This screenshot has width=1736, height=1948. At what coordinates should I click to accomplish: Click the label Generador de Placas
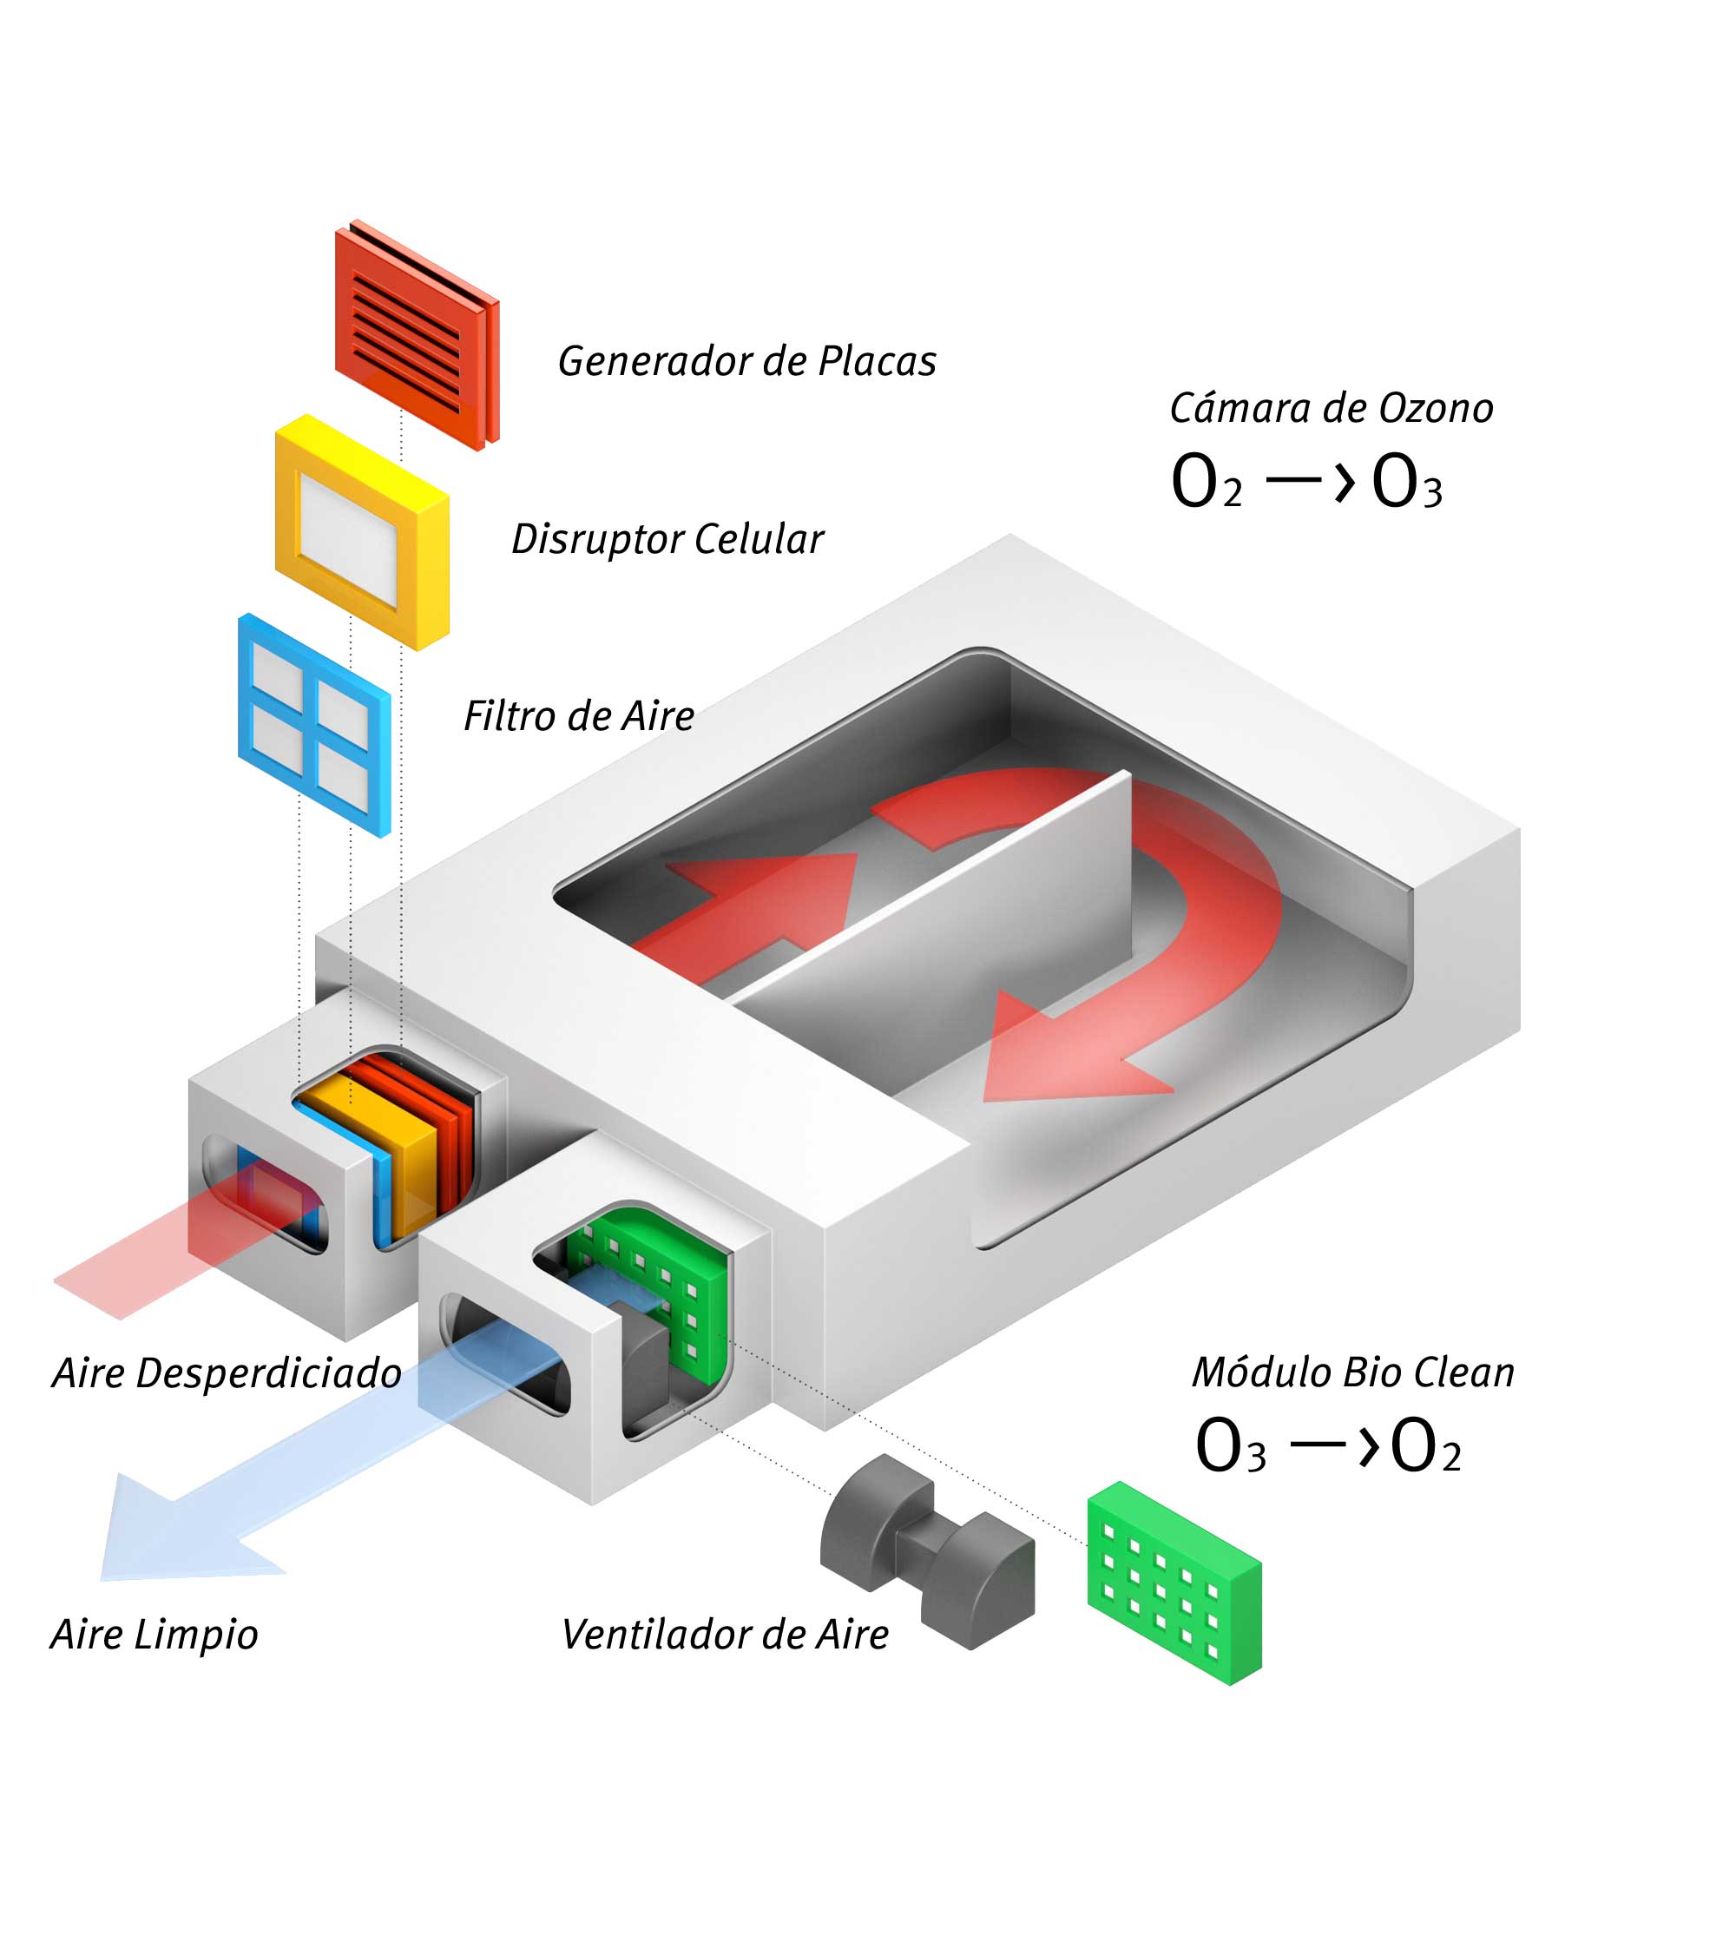746,361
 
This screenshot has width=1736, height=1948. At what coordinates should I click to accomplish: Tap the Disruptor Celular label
667,539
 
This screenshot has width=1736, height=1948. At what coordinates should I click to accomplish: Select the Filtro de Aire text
579,716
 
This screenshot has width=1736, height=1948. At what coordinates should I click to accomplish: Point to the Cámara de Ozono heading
1331,408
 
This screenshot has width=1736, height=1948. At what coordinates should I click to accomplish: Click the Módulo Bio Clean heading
1352,1372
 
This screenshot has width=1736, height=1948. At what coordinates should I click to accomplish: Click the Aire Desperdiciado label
227,1373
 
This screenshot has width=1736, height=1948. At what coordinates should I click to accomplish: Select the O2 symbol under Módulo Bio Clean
1425,1446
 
